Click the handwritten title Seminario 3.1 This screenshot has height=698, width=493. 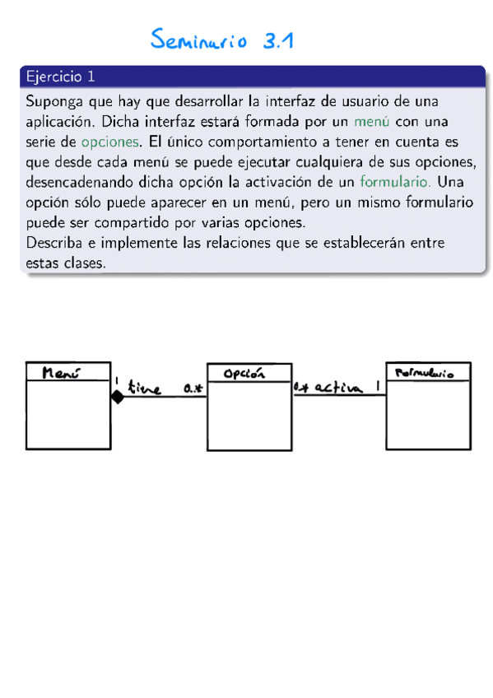(x=222, y=40)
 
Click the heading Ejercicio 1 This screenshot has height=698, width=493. (x=60, y=77)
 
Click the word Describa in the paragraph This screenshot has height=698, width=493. (x=55, y=243)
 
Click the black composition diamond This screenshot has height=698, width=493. (x=117, y=398)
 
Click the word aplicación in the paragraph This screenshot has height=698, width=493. (x=61, y=121)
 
